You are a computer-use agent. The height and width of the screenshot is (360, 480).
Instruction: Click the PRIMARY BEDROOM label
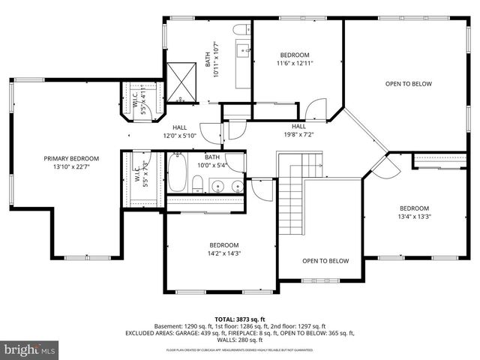tap(70, 158)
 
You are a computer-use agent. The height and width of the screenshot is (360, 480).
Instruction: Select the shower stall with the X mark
tap(181, 78)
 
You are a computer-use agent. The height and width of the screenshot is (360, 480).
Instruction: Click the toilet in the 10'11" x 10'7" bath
tap(241, 29)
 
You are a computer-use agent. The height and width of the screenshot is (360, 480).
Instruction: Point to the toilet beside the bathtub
tap(198, 184)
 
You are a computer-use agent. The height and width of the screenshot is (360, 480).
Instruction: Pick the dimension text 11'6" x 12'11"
tap(295, 65)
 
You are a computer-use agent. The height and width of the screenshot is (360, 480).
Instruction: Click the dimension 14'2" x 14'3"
tap(223, 254)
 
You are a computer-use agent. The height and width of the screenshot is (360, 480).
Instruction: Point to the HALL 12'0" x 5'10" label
tap(179, 131)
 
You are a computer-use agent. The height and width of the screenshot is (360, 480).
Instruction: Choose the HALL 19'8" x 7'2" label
tap(298, 131)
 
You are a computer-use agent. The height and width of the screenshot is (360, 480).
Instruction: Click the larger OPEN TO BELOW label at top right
tap(408, 84)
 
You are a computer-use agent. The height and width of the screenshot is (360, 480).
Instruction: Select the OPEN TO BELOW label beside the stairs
tap(325, 261)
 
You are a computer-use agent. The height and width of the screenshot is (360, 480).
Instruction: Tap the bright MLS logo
tap(30, 349)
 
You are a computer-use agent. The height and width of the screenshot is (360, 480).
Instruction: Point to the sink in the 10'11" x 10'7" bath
tap(244, 51)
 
